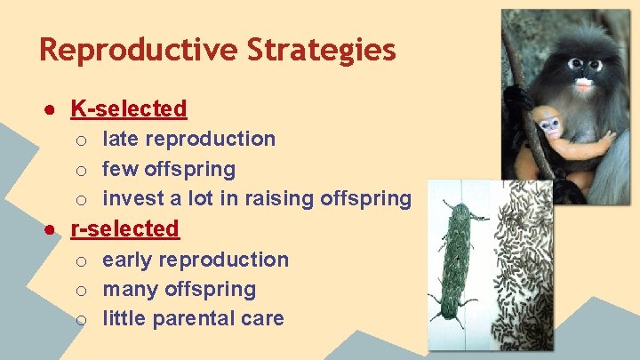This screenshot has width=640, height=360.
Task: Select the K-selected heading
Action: click(x=129, y=109)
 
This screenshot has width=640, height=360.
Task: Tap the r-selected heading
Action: click(x=124, y=229)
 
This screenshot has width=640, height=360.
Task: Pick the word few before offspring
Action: click(x=119, y=169)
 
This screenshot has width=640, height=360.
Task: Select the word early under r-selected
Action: click(x=128, y=260)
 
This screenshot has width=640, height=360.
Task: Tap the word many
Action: click(x=129, y=290)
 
